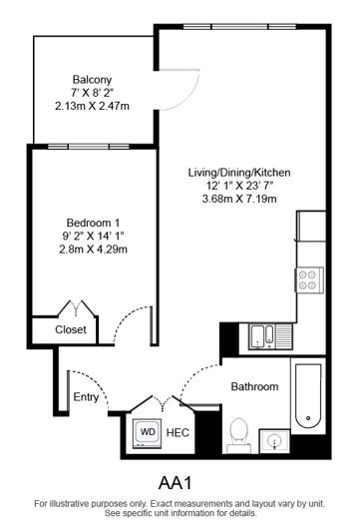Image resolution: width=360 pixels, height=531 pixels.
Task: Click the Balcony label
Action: [x=91, y=79]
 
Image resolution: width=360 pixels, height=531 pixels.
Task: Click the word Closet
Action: [x=70, y=329]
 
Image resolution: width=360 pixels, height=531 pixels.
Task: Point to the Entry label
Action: [x=87, y=397]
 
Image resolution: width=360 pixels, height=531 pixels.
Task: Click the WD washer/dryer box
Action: [x=148, y=432]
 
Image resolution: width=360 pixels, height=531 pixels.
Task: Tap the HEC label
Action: [x=179, y=432]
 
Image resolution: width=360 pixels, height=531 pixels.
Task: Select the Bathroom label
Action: [x=255, y=386]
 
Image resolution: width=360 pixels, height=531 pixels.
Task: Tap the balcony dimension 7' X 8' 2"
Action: [x=91, y=92]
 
